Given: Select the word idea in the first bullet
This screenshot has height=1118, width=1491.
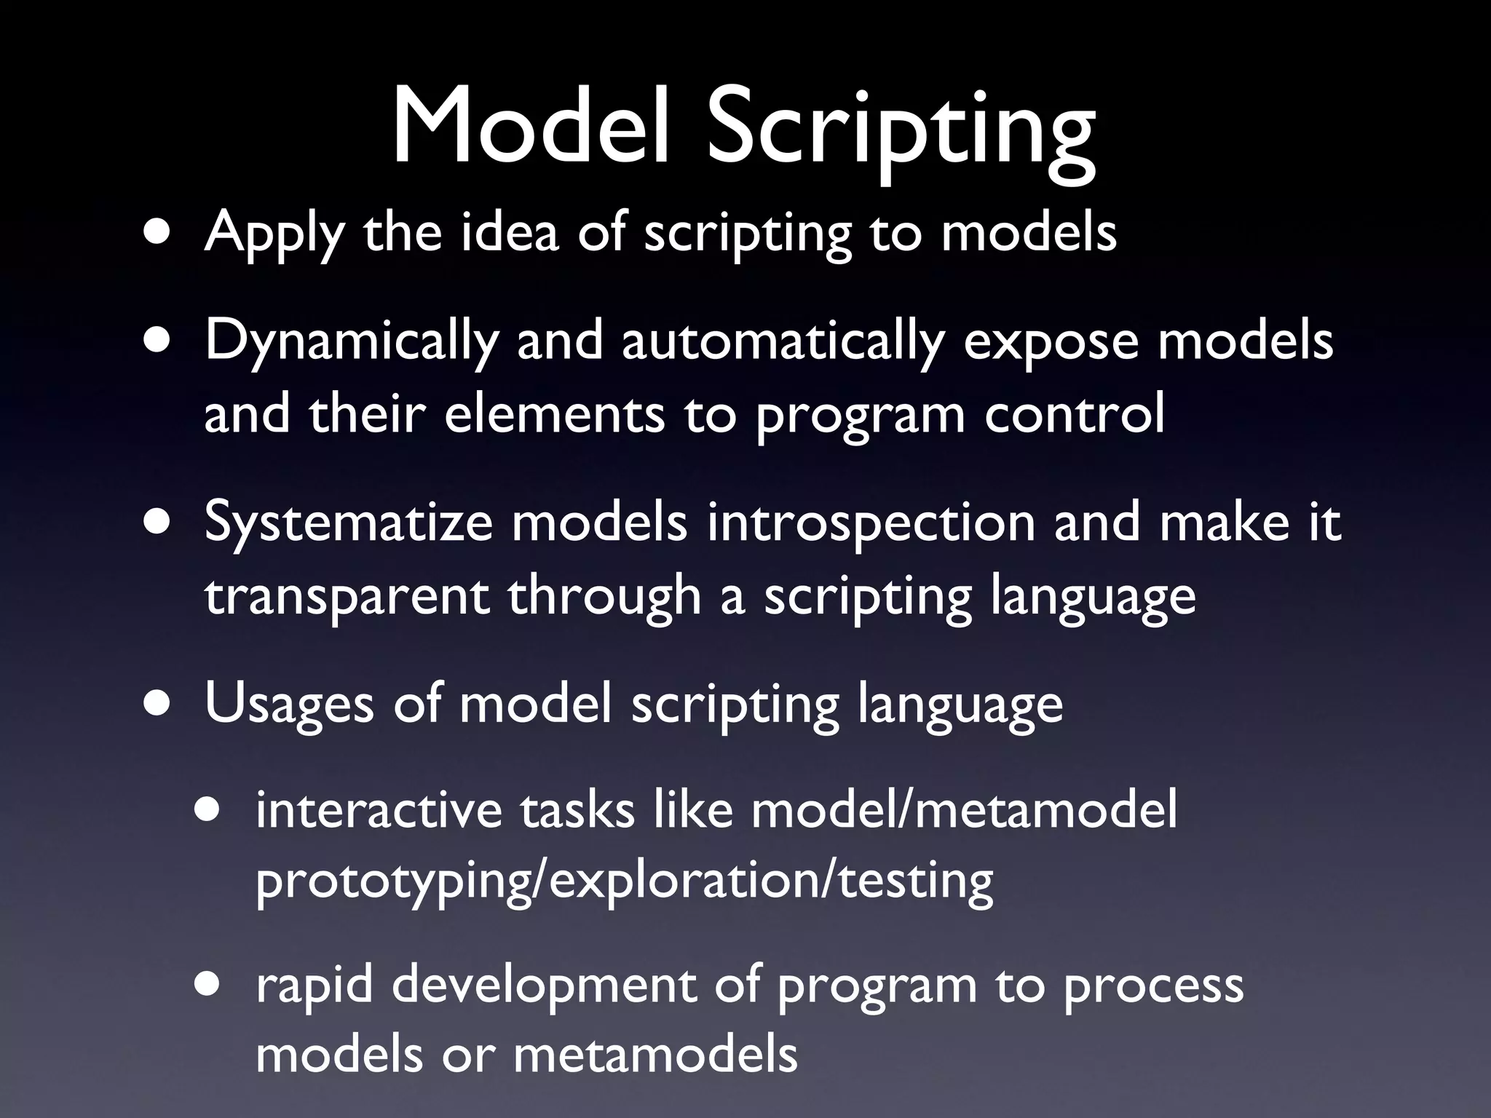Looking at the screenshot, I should point(510,233).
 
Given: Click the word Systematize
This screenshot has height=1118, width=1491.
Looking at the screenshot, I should point(349,523).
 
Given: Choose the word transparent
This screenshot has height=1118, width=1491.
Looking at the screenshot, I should point(347,595).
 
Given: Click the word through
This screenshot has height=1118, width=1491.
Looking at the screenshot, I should point(604,595).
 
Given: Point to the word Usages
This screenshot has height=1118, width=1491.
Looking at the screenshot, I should point(289,705).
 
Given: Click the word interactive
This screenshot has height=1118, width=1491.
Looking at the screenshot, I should point(379,810).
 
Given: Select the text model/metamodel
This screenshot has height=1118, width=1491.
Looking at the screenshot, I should point(964,810).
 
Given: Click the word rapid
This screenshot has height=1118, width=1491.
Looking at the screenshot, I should point(314,985).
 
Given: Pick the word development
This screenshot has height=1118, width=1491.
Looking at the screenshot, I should point(543,985).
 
